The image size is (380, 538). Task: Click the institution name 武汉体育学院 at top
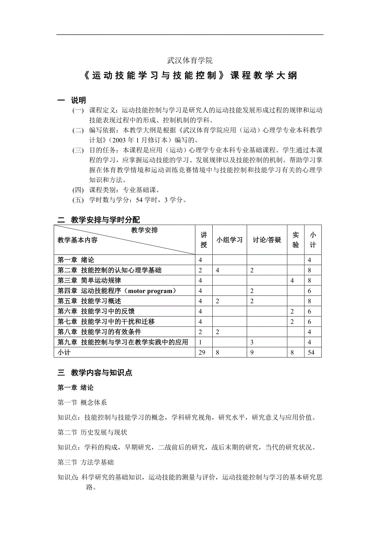pyautogui.click(x=190, y=60)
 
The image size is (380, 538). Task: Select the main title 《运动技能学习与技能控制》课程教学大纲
pyautogui.click(x=190, y=76)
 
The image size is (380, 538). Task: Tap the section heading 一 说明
pyautogui.click(x=72, y=100)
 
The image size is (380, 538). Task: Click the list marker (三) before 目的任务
pyautogui.click(x=78, y=150)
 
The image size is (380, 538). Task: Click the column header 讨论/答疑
pyautogui.click(x=267, y=240)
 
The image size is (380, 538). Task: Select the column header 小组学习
pyautogui.click(x=229, y=240)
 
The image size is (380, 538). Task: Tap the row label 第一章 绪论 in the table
pyautogui.click(x=76, y=260)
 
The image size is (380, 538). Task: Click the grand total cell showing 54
pyautogui.click(x=311, y=352)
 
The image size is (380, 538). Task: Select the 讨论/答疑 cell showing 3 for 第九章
pyautogui.click(x=252, y=342)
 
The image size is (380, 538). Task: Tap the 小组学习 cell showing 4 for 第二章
pyautogui.click(x=217, y=270)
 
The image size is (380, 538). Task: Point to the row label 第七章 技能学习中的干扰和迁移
pyautogui.click(x=106, y=321)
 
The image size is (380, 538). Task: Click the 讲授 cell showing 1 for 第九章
pyautogui.click(x=200, y=342)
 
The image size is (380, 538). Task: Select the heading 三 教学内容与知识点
pyautogui.click(x=95, y=373)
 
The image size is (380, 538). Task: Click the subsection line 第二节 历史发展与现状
pyautogui.click(x=93, y=433)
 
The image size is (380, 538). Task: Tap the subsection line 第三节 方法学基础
pyautogui.click(x=86, y=462)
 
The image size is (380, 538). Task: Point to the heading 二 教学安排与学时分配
pyautogui.click(x=99, y=220)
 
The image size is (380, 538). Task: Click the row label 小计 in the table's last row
pyautogui.click(x=64, y=352)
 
